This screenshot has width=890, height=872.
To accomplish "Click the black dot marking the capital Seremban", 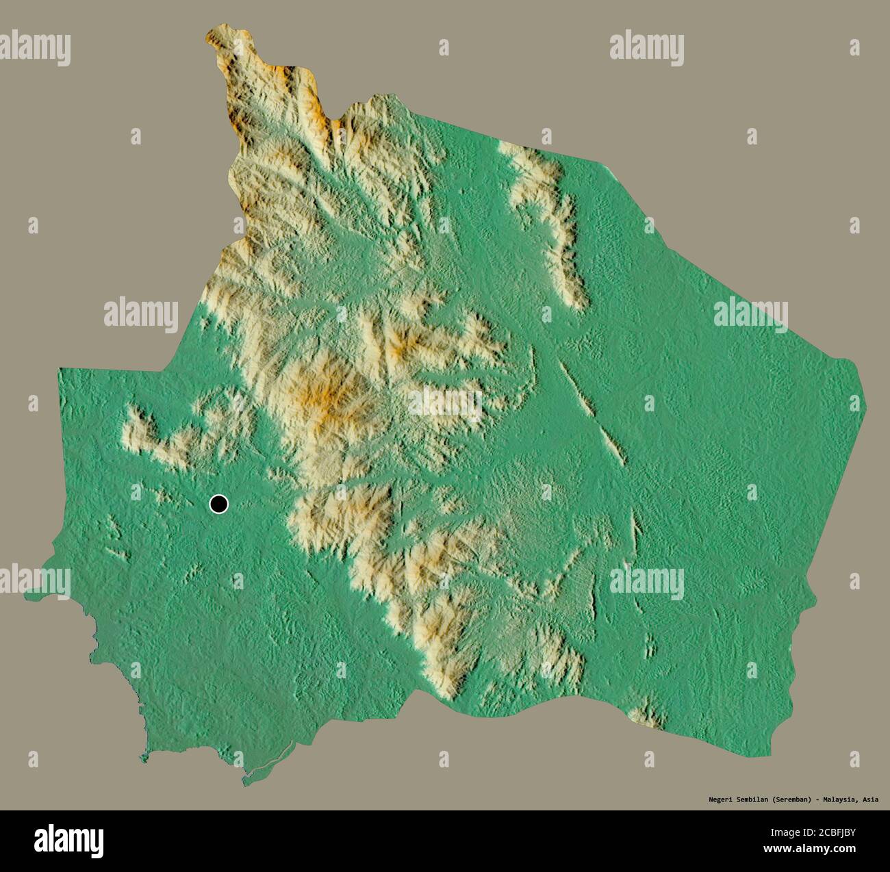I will (218, 504).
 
